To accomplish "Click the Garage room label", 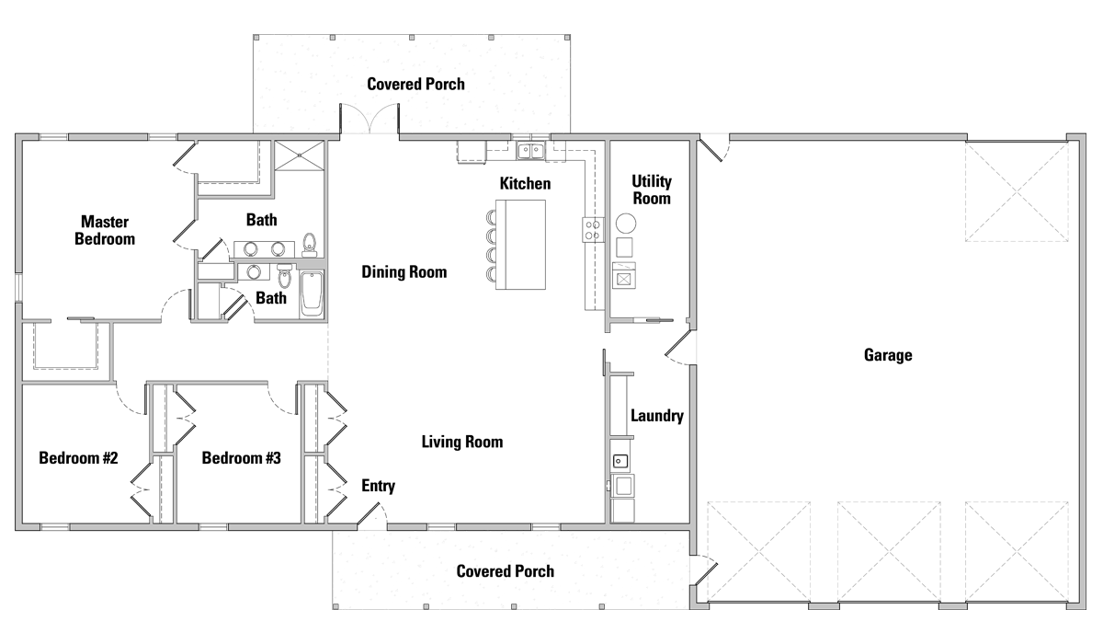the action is pos(888,355).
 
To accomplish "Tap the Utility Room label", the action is pos(652,190).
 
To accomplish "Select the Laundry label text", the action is pos(657,415).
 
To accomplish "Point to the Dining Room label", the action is pos(404,271).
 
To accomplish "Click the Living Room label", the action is pos(462,442).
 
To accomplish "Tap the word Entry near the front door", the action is pos(378,486).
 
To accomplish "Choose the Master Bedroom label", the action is pos(105,230).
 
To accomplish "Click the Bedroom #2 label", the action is pos(78,458).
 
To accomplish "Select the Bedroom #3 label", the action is pos(241,458).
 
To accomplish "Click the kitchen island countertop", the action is pos(520,245).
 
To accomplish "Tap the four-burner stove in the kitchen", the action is pos(593,230).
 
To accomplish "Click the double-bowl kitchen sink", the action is pos(530,150).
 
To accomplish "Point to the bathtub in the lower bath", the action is pos(312,294).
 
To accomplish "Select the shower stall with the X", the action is pos(300,155).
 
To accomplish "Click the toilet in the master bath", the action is pos(309,245).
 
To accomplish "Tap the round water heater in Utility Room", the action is pos(626,224).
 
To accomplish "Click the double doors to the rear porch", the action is pos(369,119).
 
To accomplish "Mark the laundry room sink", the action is pos(620,461).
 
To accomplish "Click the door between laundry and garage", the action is pos(680,348).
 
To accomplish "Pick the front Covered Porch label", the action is pos(506,571).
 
